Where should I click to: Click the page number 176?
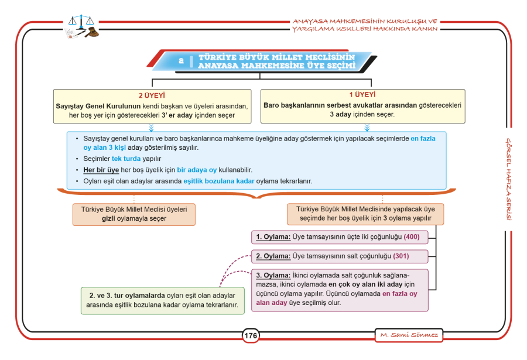[x=251, y=335]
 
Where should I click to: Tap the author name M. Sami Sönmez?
[x=409, y=335]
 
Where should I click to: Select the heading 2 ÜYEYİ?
[x=152, y=95]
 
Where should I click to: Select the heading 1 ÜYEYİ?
[x=362, y=94]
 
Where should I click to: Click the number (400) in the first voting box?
[x=412, y=236]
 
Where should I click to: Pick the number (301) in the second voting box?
[x=401, y=256]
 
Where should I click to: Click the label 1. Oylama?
[x=273, y=236]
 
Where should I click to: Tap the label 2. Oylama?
[x=273, y=256]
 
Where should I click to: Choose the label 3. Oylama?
[x=273, y=275]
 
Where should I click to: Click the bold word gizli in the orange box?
[x=108, y=218]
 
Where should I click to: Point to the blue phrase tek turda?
[x=126, y=159]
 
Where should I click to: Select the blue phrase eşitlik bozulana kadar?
[x=219, y=181]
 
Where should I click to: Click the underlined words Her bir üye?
[x=101, y=170]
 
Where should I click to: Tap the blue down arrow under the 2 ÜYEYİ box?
[x=151, y=128]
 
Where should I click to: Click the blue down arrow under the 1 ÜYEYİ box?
[x=367, y=128]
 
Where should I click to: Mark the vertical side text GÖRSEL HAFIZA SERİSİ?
[x=509, y=179]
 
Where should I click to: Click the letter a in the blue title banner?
[x=181, y=60]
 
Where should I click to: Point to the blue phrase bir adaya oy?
[x=197, y=170]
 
